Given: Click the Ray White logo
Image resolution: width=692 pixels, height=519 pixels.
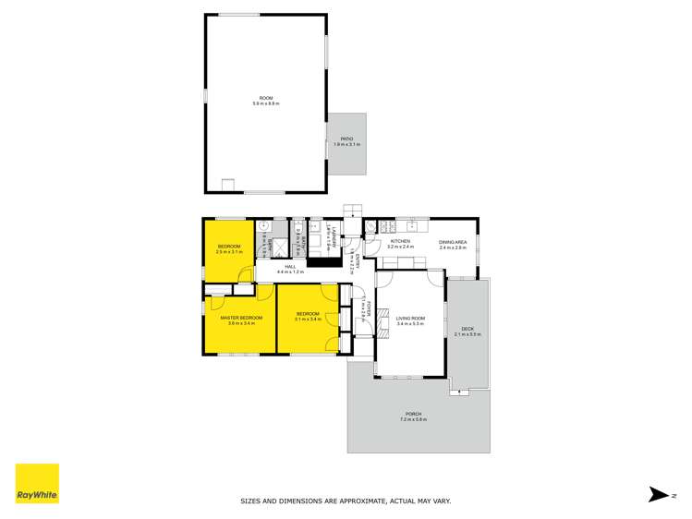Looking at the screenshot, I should point(37,484).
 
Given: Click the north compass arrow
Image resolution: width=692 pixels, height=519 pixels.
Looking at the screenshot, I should point(659,494).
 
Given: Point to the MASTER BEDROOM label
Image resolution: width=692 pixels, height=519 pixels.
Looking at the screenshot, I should point(241,318).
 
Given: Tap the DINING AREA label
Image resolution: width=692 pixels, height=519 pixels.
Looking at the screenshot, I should point(453,241).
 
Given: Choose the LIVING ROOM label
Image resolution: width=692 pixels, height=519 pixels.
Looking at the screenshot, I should point(409,318).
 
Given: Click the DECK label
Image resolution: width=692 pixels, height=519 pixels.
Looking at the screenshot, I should point(467,327).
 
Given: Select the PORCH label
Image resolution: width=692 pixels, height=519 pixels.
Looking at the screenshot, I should point(413,414).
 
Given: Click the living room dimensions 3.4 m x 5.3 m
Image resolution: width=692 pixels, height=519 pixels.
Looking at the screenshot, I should point(409,324).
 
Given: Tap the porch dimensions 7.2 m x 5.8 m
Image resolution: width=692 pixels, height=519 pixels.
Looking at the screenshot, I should point(413,420).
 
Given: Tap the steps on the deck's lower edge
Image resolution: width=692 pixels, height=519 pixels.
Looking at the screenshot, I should point(456,392).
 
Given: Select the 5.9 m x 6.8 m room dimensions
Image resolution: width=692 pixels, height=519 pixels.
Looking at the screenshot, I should point(265,103).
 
